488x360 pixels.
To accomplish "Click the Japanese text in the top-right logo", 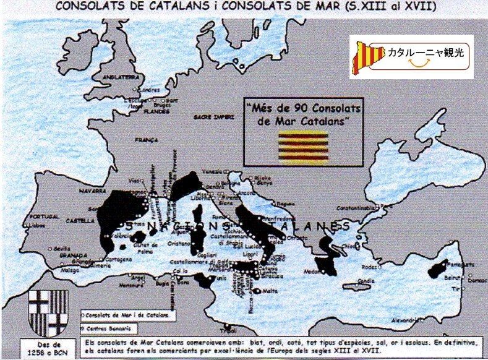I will click(425, 53).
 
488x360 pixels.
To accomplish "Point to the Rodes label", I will click(369, 267).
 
